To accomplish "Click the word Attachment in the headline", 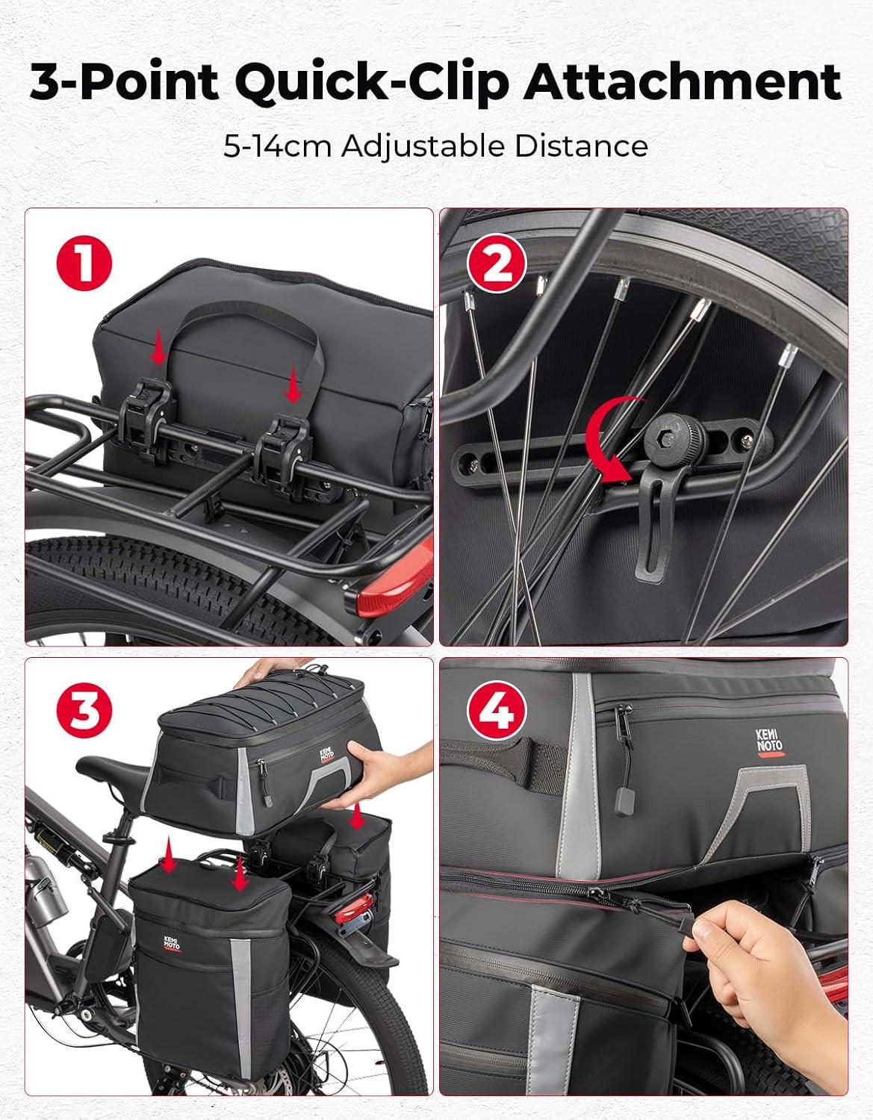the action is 682,82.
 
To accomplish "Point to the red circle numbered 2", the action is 497,265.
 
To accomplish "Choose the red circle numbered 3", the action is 84,715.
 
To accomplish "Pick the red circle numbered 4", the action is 497,715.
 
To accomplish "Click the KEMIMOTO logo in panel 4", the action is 769,743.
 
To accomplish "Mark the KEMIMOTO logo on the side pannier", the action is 173,943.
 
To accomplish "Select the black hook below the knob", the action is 654,520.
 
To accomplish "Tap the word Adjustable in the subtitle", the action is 423,147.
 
